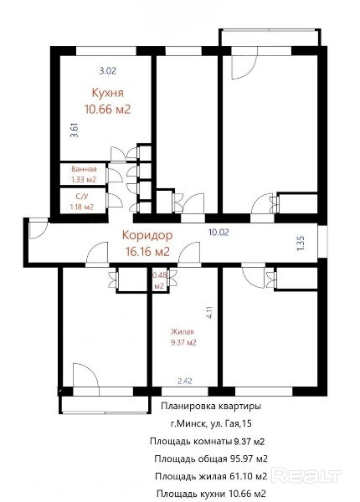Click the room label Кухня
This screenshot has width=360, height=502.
point(108,93)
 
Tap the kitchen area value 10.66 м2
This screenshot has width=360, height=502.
point(108,110)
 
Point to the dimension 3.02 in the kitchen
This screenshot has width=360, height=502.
point(108,71)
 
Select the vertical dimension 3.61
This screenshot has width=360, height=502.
point(75,131)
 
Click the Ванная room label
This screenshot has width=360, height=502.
point(84,169)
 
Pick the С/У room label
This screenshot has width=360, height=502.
point(82,197)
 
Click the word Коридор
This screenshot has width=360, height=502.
point(147,235)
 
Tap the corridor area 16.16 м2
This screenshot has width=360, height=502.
point(147,252)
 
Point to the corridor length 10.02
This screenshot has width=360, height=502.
point(219,233)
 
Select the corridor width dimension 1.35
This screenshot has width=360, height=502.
point(301,243)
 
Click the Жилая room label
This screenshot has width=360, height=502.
point(183,331)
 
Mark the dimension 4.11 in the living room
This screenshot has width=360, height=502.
point(209,312)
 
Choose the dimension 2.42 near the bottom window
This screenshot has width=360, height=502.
point(185,381)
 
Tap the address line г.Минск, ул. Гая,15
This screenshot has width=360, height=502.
point(211,423)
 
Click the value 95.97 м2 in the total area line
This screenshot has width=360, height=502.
point(249,458)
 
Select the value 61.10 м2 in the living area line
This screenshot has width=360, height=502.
point(248,476)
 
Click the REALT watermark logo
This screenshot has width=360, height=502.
point(307,476)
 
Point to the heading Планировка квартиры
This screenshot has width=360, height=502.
point(211,406)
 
